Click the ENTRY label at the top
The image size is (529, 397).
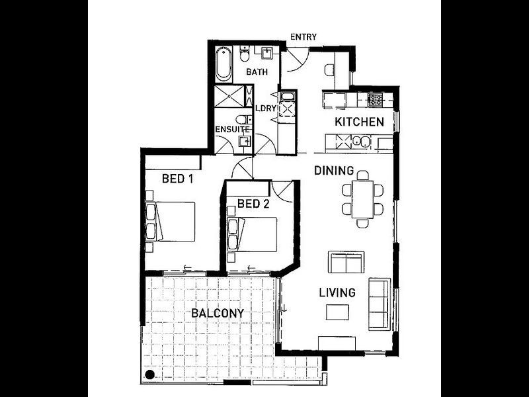pyautogui.click(x=304, y=37)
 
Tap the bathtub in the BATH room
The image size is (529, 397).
pyautogui.click(x=224, y=64)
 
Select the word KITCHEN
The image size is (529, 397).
pyautogui.click(x=359, y=122)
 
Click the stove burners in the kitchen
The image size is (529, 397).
pyautogui.click(x=375, y=100)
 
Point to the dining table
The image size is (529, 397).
pyautogui.click(x=362, y=200)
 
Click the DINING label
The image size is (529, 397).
pyautogui.click(x=334, y=171)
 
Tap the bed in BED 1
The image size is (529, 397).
pyautogui.click(x=171, y=222)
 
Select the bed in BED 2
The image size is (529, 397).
pyautogui.click(x=253, y=235)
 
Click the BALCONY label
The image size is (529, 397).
pyautogui.click(x=218, y=313)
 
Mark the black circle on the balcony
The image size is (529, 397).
pyautogui.click(x=150, y=375)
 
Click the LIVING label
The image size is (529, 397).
pyautogui.click(x=337, y=292)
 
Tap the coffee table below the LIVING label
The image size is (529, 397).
pyautogui.click(x=337, y=312)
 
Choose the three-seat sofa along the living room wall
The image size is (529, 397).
pyautogui.click(x=380, y=304)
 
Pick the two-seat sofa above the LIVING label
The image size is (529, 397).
pyautogui.click(x=346, y=262)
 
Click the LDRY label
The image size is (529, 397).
pyautogui.click(x=266, y=109)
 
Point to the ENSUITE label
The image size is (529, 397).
pyautogui.click(x=233, y=129)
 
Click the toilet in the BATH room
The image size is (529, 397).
pyautogui.click(x=244, y=54)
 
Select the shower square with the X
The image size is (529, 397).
pyautogui.click(x=229, y=96)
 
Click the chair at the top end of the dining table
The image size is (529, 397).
pyautogui.click(x=362, y=175)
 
